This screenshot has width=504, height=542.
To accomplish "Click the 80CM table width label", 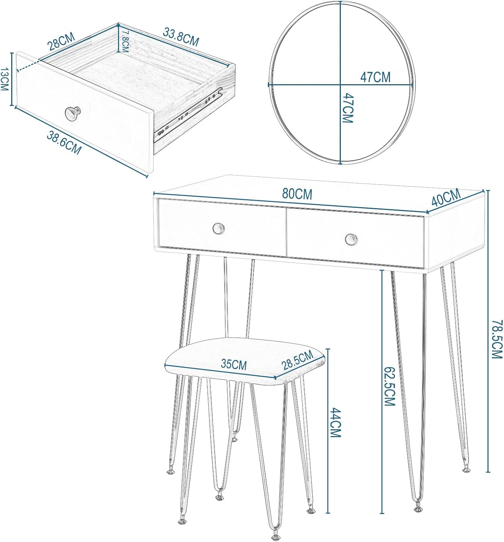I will (x=297, y=194).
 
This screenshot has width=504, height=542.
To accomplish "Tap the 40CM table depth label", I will (x=446, y=197).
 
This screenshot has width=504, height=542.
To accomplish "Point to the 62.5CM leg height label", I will (x=389, y=386).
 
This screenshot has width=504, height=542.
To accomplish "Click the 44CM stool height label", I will (x=336, y=422).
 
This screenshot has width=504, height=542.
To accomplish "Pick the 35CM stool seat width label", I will (x=234, y=364).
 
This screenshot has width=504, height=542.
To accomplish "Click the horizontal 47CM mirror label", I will (x=375, y=77).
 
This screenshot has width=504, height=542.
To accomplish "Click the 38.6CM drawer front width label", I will (x=64, y=143).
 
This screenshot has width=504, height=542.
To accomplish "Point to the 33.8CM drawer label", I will (x=181, y=37).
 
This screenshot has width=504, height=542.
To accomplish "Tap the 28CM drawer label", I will (x=62, y=42).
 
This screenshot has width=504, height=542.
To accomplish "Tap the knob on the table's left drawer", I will (x=218, y=228).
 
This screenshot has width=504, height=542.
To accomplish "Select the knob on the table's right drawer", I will (x=351, y=239).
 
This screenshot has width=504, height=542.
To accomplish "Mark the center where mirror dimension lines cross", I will (x=340, y=85).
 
